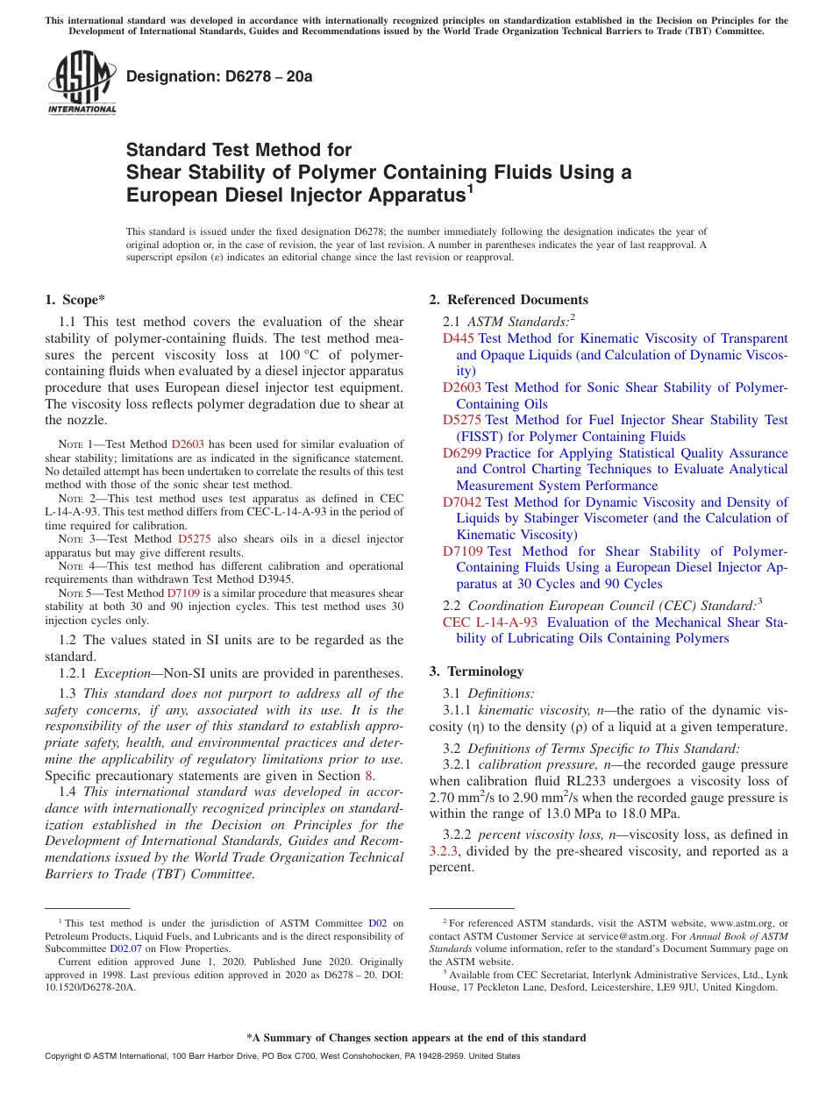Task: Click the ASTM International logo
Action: pos(82,84)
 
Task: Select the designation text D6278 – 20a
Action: pos(219,77)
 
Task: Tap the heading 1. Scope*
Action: pos(75,300)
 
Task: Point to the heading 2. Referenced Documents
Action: pos(509,300)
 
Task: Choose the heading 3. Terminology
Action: pos(476,671)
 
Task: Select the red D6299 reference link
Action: pos(462,453)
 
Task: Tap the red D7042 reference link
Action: pos(462,502)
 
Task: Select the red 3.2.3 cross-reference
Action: pos(443,851)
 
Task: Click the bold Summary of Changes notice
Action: pos(416,1038)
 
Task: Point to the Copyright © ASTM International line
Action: pos(281,1056)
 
